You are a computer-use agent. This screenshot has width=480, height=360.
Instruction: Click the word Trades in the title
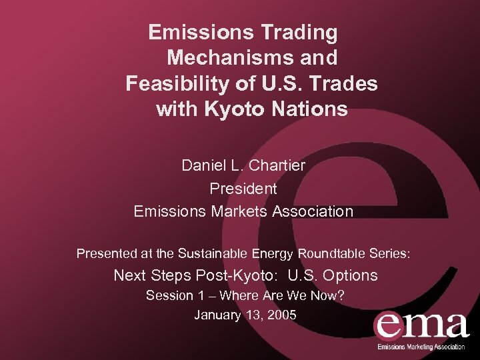click(345, 84)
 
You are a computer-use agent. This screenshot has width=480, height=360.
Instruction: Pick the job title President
click(243, 189)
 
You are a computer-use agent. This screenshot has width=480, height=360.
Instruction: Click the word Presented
click(107, 253)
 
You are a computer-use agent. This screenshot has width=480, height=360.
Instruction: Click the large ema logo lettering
click(421, 325)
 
